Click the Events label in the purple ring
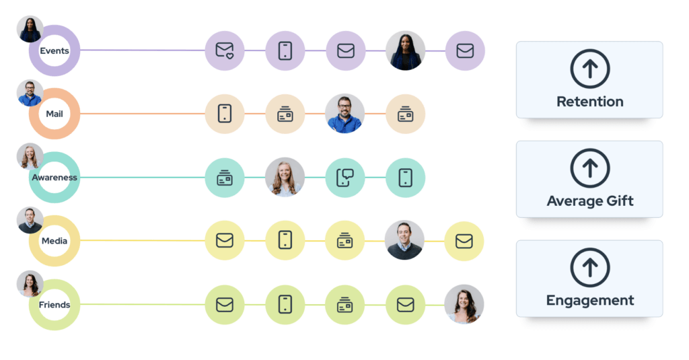pyautogui.click(x=55, y=50)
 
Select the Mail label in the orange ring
pyautogui.click(x=55, y=114)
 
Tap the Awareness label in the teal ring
pyautogui.click(x=55, y=177)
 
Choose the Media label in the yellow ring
pyautogui.click(x=55, y=241)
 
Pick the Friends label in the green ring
pyautogui.click(x=55, y=305)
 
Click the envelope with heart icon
pyautogui.click(x=225, y=50)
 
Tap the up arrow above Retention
pyautogui.click(x=589, y=69)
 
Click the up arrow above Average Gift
pyautogui.click(x=589, y=168)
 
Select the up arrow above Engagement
pyautogui.click(x=589, y=267)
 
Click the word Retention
pyautogui.click(x=589, y=102)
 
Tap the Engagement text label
pyautogui.click(x=589, y=301)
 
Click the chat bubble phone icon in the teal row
pyautogui.click(x=345, y=178)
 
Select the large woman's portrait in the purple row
pyautogui.click(x=405, y=50)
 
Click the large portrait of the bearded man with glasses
pyautogui.click(x=345, y=114)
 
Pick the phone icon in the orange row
pyautogui.click(x=225, y=114)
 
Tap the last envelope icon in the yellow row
pyautogui.click(x=464, y=241)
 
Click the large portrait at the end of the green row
pyautogui.click(x=464, y=304)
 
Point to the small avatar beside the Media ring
pyautogui.click(x=30, y=220)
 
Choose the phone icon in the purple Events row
pyautogui.click(x=285, y=50)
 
